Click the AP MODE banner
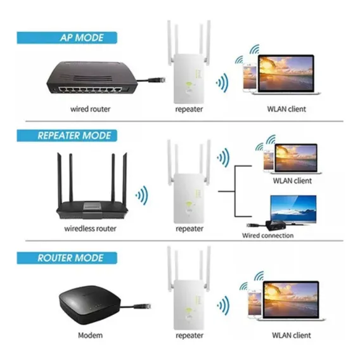click(67, 37)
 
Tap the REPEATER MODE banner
click(67, 136)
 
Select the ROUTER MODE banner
click(67, 258)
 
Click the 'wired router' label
click(90, 109)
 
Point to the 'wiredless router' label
click(90, 228)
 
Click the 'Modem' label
click(90, 335)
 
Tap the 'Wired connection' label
click(267, 235)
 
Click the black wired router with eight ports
click(92, 77)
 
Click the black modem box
click(90, 305)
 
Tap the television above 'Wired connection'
click(293, 209)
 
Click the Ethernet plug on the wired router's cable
click(157, 80)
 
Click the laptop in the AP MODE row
click(286, 74)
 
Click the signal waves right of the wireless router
click(143, 195)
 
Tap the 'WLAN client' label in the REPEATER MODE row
click(292, 181)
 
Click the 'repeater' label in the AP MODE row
click(189, 109)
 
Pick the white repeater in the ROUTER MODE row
click(189, 288)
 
